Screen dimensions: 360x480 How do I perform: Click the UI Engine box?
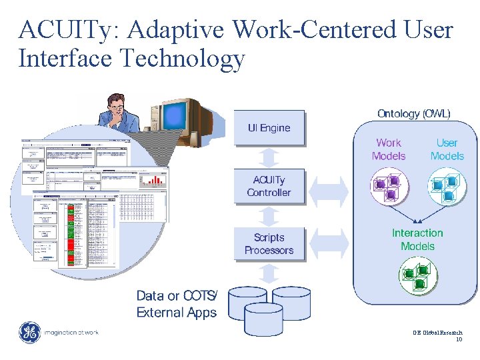click(x=269, y=127)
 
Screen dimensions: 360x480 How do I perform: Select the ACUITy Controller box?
click(x=269, y=186)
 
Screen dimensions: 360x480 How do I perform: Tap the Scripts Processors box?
click(x=269, y=243)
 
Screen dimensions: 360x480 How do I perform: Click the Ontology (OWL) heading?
click(x=413, y=113)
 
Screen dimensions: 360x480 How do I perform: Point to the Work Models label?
click(x=389, y=149)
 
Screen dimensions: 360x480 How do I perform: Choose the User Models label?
click(x=447, y=149)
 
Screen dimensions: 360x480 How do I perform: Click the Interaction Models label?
click(x=417, y=239)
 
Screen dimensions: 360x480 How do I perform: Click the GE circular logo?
click(x=29, y=333)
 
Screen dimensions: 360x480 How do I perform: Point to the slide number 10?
click(x=459, y=339)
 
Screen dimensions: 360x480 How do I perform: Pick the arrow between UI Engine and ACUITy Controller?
click(x=269, y=157)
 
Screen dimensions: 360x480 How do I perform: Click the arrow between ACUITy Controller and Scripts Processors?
click(x=269, y=215)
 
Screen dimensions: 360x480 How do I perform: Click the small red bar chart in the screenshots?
click(x=155, y=179)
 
